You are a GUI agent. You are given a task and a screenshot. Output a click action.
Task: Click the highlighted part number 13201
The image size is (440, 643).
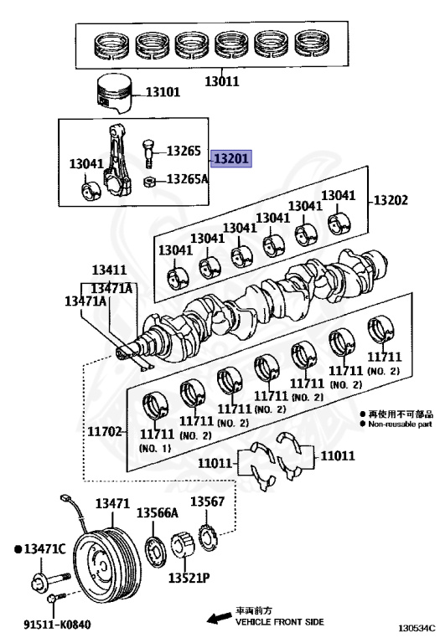tap(231, 158)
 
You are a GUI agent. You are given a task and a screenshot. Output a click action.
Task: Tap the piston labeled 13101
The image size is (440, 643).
tap(114, 94)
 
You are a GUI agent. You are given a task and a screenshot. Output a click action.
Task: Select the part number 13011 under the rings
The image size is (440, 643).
tap(221, 81)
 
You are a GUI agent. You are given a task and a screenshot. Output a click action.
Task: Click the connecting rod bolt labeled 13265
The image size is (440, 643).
tap(148, 153)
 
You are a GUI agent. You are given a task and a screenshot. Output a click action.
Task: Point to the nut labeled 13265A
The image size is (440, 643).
tap(149, 181)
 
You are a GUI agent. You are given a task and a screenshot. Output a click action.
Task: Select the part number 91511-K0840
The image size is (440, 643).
tap(57, 625)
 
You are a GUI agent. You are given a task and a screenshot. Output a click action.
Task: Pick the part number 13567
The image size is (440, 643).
tap(207, 502)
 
